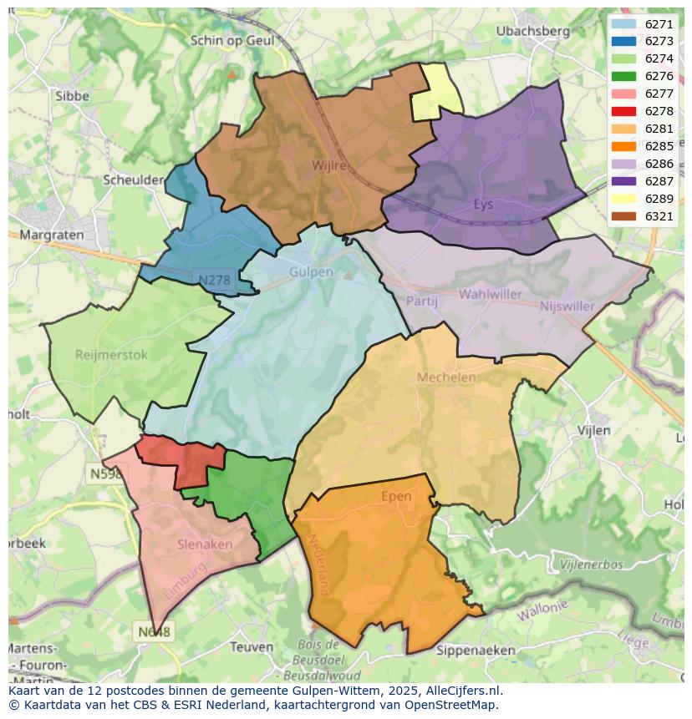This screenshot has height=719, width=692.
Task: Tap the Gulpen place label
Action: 311,272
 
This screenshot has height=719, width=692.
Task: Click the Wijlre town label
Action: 328,165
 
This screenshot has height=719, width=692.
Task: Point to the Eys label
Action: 483,204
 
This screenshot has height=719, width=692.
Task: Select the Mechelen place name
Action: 446,377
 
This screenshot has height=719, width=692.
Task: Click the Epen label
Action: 396,496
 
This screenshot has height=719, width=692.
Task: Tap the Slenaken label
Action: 205,544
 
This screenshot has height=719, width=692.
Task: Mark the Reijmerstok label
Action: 111,354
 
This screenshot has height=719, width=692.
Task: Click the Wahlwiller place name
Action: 490,294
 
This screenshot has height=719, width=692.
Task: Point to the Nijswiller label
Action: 567,306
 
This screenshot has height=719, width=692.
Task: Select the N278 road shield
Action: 215,281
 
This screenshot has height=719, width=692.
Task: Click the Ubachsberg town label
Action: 532,31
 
